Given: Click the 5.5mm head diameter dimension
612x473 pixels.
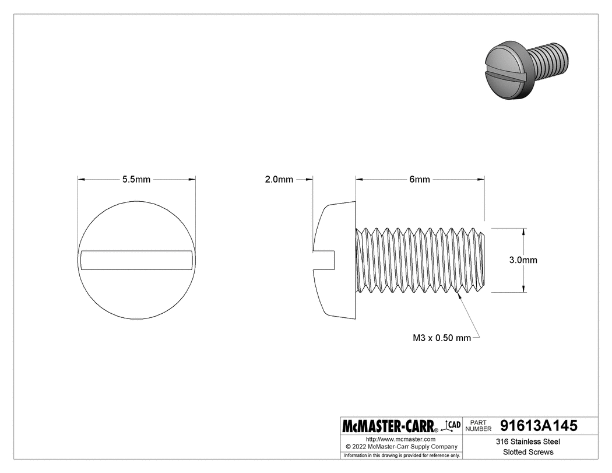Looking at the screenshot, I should tap(136, 180).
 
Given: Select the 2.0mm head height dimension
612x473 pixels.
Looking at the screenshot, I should tap(279, 180).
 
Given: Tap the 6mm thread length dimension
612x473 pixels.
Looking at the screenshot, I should tap(419, 180).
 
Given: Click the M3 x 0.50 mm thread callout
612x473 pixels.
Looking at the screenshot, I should tap(441, 338).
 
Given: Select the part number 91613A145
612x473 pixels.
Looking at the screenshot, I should tap(539, 426).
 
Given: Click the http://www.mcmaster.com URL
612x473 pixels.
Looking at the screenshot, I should tap(400, 439).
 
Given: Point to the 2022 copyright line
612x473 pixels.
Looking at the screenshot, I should tap(400, 446).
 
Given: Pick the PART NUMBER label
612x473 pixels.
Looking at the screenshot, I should tap(479, 426).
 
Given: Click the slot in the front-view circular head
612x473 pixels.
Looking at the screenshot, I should tap(136, 260).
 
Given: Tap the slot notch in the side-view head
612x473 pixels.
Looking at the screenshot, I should tap(324, 260).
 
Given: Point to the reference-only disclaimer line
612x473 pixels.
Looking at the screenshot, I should tap(400, 455).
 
